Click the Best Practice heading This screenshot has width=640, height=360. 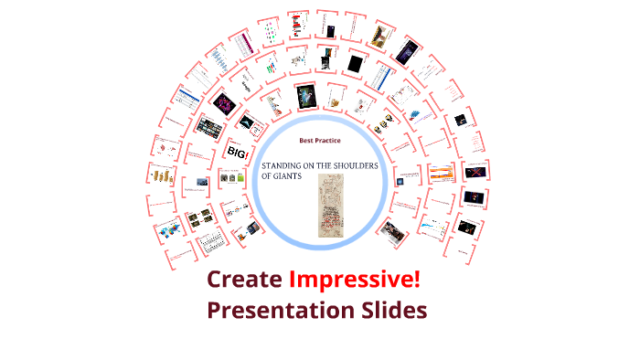click(x=320, y=141)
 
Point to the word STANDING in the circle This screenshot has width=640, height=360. click(x=286, y=165)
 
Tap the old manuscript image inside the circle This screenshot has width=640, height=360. click(x=329, y=206)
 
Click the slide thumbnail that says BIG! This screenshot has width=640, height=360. click(x=237, y=150)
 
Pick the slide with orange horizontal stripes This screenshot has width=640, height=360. click(x=441, y=170)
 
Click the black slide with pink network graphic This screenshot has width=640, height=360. click(x=225, y=102)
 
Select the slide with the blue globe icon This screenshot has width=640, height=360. click(x=200, y=182)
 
